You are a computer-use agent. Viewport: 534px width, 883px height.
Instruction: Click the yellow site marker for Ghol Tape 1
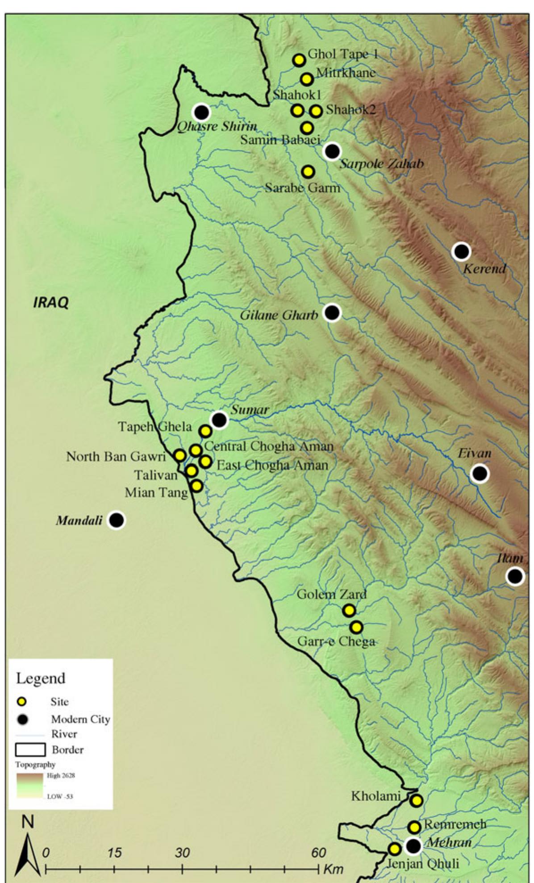click(299, 60)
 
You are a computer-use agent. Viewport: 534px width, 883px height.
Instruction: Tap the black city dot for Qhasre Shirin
click(202, 112)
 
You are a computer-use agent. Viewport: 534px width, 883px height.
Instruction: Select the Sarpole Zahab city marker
click(332, 151)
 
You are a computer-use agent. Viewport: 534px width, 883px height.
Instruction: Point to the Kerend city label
click(484, 269)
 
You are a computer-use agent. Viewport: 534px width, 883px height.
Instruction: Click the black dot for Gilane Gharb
click(332, 312)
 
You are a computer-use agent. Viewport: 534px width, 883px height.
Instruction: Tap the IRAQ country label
click(51, 303)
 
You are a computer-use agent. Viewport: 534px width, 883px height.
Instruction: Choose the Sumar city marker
click(219, 420)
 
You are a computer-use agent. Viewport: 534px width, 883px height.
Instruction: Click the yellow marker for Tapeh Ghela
click(205, 431)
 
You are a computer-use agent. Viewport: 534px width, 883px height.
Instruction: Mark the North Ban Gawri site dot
click(180, 455)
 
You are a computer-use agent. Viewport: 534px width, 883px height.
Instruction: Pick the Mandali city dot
click(117, 520)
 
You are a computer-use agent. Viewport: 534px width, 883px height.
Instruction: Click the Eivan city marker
click(480, 473)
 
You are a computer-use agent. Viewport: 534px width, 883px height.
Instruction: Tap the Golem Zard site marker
click(349, 610)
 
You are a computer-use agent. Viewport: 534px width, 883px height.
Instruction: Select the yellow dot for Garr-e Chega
click(356, 627)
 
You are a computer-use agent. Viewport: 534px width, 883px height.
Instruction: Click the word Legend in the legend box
click(41, 679)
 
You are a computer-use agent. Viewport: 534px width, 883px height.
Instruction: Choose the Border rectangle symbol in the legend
click(30, 750)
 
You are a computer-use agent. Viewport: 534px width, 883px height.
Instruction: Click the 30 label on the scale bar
click(182, 853)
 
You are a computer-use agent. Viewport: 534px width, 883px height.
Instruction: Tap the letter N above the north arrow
click(28, 822)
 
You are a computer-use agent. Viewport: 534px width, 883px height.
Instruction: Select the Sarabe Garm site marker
click(308, 171)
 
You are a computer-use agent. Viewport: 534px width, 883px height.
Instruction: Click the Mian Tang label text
click(156, 492)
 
